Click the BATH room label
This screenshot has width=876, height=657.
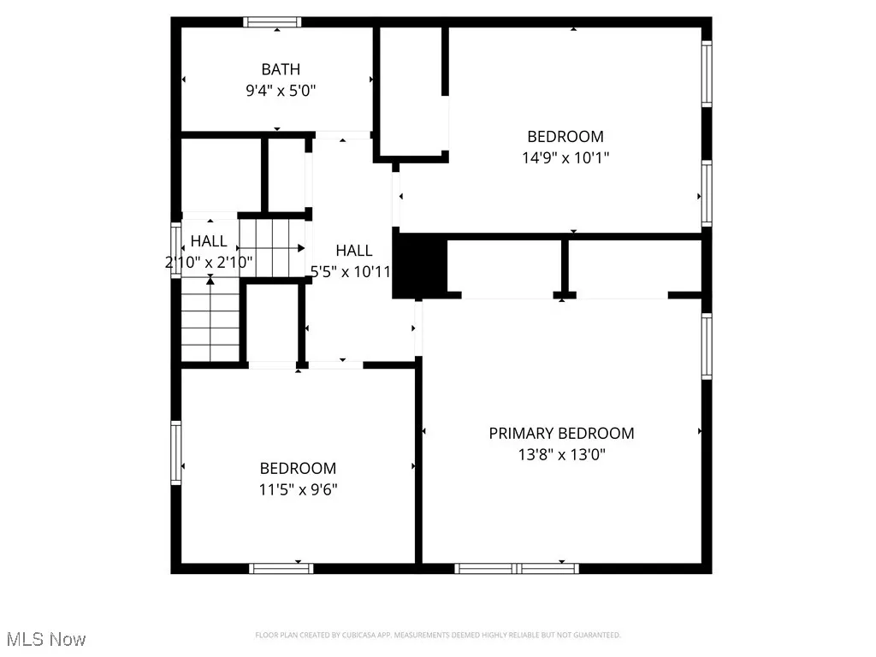coord(281,69)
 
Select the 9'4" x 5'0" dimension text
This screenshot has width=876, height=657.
coord(281,90)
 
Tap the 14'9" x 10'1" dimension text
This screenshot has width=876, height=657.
coord(565,157)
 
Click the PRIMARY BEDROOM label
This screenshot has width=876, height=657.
coord(561,434)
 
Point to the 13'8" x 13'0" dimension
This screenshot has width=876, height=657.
coord(561,455)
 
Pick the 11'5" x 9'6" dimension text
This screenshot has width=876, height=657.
coord(298,489)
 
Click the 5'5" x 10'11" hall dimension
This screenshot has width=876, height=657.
coord(351,271)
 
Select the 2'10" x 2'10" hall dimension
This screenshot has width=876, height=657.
coord(209,263)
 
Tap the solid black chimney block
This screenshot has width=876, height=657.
coord(420,267)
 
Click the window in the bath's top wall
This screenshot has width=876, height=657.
coord(271,22)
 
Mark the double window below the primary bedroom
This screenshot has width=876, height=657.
coord(517,568)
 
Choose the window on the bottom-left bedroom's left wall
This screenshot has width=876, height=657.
coord(176,452)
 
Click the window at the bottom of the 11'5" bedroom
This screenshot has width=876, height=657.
coord(281,568)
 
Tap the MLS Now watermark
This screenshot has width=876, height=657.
coord(46,639)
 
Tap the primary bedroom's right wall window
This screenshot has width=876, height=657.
coord(707,346)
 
